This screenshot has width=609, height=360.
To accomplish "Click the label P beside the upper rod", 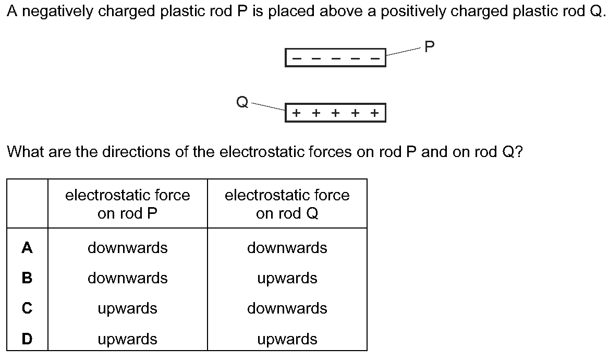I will tap(429, 47).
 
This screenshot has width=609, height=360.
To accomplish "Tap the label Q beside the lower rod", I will tap(242, 102).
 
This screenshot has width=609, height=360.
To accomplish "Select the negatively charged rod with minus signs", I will tap(335, 57).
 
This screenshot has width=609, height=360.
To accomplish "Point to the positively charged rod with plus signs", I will tap(335, 112).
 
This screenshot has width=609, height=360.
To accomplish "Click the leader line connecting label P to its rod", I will tap(403, 51).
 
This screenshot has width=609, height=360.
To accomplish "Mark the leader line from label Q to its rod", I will tap(268, 106).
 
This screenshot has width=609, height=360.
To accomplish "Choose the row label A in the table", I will tap(27, 248).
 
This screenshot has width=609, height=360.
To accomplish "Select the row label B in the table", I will tap(27, 278).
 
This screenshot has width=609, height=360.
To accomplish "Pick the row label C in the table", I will tap(27, 308).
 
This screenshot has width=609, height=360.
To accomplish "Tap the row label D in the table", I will tap(27, 339).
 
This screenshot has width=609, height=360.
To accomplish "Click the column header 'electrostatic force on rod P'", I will tap(128, 204).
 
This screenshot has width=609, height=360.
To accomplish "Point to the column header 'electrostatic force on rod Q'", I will tap(287, 204).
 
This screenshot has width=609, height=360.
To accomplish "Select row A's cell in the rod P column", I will tap(128, 248).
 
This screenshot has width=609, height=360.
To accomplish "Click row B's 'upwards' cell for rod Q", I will tap(287, 278).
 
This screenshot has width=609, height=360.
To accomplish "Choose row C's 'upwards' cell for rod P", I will tap(128, 308).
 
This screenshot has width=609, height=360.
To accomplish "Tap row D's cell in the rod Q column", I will tap(287, 339).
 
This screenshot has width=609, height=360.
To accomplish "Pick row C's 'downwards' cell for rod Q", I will tap(287, 308).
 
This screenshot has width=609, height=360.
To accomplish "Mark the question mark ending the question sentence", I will tap(518, 152).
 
